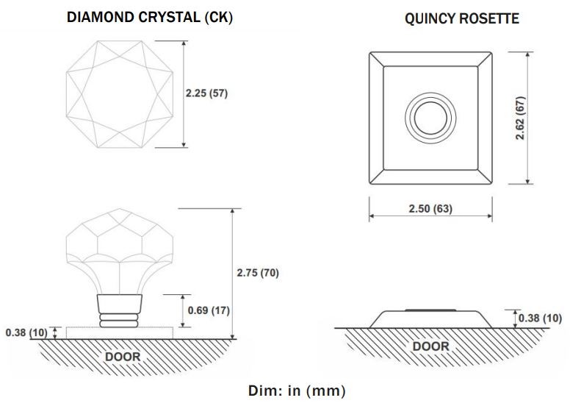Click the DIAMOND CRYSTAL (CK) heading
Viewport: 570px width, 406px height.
tap(149, 18)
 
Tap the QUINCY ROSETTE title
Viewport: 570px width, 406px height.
tap(461, 19)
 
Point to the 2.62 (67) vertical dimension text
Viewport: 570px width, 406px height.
tap(521, 118)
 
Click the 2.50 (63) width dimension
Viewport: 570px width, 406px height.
tap(430, 208)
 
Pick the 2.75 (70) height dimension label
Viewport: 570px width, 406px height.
tap(258, 273)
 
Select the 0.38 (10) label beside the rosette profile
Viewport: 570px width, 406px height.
tap(540, 318)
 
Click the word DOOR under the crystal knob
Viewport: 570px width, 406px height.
tap(121, 356)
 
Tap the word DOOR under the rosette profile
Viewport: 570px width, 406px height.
tap(430, 346)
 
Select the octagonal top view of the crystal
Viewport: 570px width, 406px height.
tap(120, 94)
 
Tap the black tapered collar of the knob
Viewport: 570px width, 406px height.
tap(119, 302)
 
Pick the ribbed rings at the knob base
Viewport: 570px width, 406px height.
tap(119, 319)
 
